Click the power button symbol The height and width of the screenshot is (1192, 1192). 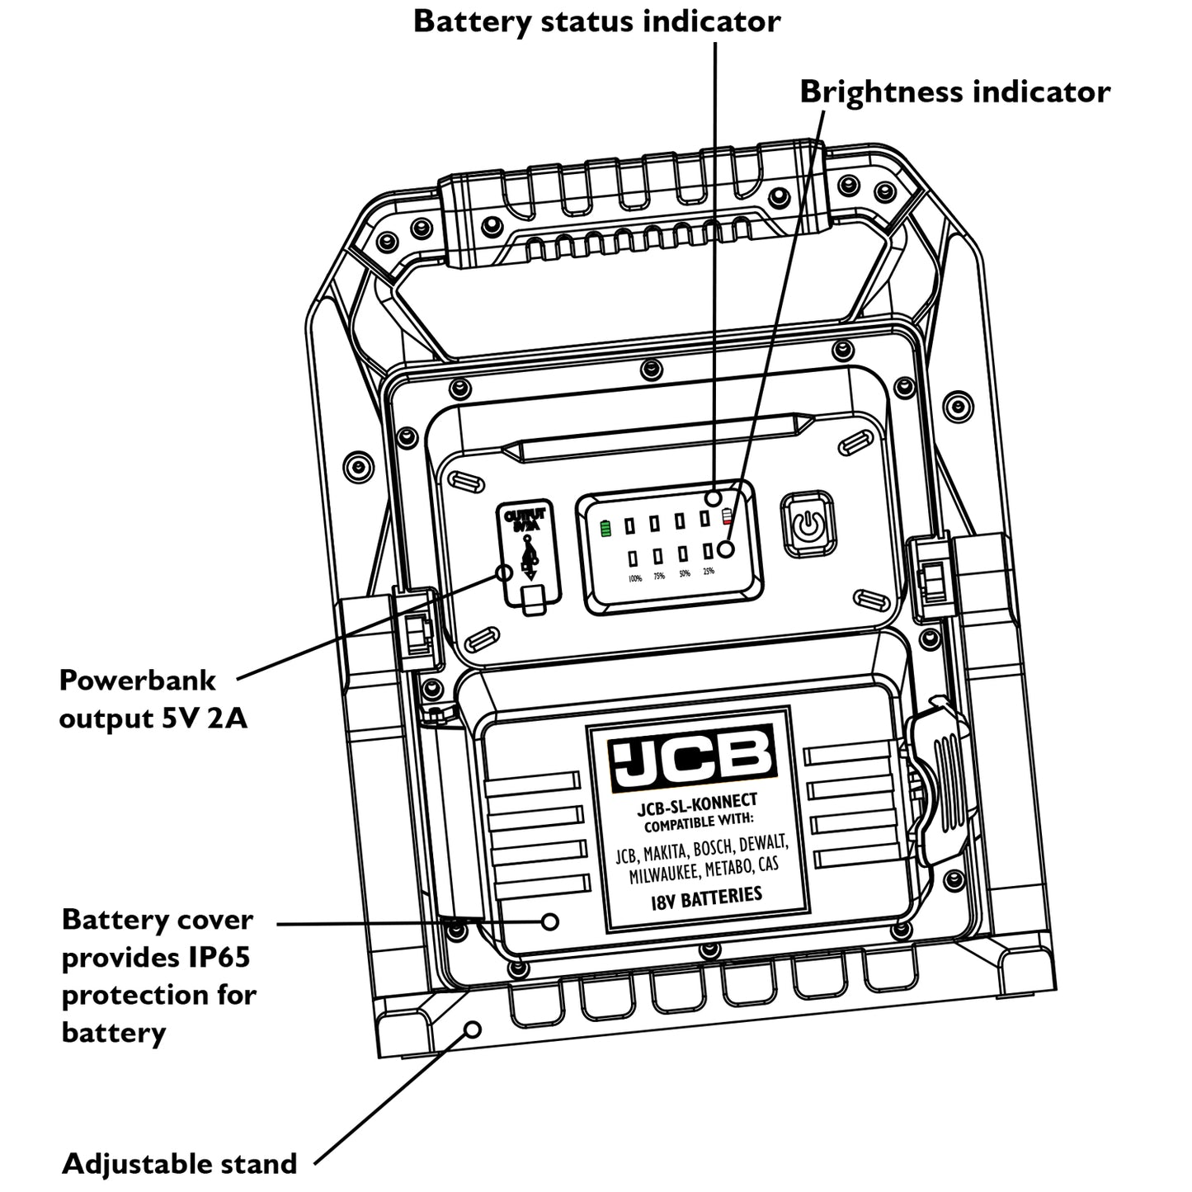pyautogui.click(x=808, y=525)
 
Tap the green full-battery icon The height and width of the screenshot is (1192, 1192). pyautogui.click(x=606, y=528)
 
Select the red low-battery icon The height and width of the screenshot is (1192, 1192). pyautogui.click(x=727, y=517)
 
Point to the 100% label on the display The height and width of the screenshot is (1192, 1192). pyautogui.click(x=634, y=578)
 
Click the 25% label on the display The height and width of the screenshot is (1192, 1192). pyautogui.click(x=709, y=571)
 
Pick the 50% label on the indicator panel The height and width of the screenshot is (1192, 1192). pyautogui.click(x=684, y=573)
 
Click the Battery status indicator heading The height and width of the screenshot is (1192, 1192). pyautogui.click(x=596, y=21)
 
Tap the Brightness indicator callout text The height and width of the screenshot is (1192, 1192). pyautogui.click(x=954, y=92)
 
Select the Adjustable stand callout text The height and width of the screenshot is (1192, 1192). pyautogui.click(x=180, y=1164)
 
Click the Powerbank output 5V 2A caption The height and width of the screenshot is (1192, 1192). pyautogui.click(x=153, y=700)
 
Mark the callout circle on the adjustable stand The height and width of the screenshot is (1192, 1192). pyautogui.click(x=473, y=1029)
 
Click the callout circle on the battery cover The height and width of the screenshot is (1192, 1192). pyautogui.click(x=550, y=921)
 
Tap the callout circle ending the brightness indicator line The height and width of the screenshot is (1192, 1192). pyautogui.click(x=727, y=549)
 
